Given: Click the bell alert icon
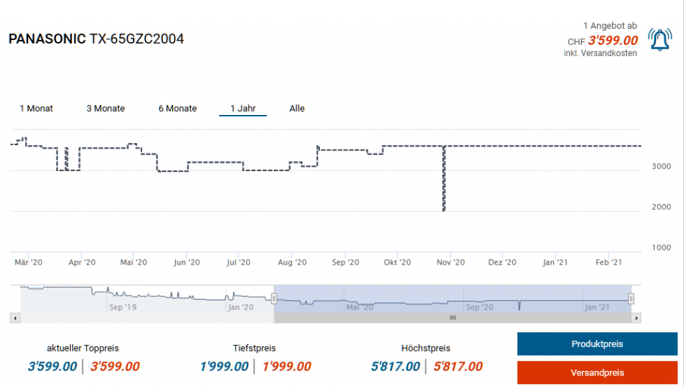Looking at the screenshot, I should click(x=661, y=40).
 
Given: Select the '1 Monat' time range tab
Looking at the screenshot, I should click(x=36, y=108).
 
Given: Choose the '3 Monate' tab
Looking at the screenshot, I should click(x=106, y=108).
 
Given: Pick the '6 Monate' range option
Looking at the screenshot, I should click(x=178, y=108).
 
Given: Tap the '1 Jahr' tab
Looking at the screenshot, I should click(x=243, y=108).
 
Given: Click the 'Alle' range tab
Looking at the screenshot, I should click(x=297, y=108).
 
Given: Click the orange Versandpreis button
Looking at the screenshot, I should click(x=597, y=372).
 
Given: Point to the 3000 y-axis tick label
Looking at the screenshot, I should click(x=661, y=166).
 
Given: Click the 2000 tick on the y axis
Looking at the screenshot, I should click(x=661, y=207).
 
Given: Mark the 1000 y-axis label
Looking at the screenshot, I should click(x=661, y=247).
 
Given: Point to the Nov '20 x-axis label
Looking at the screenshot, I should click(x=451, y=263).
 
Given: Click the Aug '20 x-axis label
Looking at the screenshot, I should click(x=292, y=263).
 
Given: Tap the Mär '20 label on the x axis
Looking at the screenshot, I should click(x=29, y=263).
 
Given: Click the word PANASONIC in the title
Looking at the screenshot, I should click(x=47, y=39).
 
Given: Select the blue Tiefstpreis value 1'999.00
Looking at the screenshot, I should click(x=224, y=366).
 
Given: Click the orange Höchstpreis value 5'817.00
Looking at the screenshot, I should click(x=458, y=366).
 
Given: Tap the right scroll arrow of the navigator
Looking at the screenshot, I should click(x=636, y=318).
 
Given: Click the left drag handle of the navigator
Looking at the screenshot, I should click(x=274, y=298).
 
